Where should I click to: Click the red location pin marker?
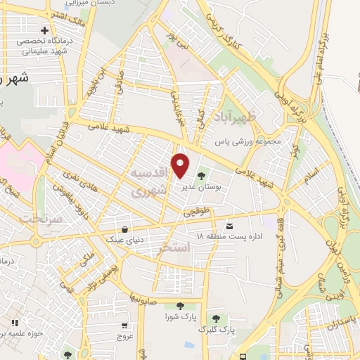pos(181,165)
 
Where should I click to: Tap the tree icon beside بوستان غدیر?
pos(202,176)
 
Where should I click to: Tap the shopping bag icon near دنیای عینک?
pos(124,229)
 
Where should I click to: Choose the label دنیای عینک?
pos(124,240)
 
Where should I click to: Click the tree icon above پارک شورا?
pos(180,306)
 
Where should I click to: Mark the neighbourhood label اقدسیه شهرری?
pos(150,181)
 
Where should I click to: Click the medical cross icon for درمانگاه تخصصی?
pos(46,31)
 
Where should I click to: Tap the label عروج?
pos(124,335)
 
